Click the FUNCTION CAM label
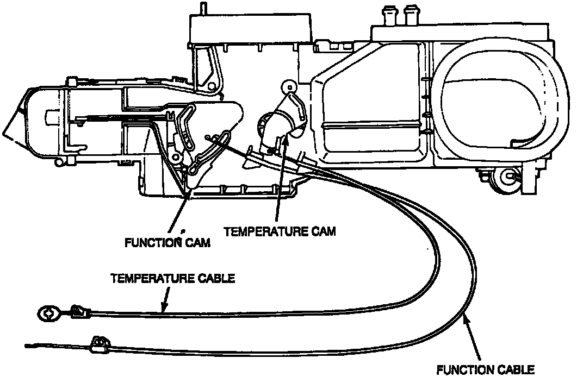pyautogui.click(x=167, y=242)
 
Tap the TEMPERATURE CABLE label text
pyautogui.click(x=172, y=279)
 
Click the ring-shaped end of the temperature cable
pyautogui.click(x=48, y=312)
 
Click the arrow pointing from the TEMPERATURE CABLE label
pyautogui.click(x=165, y=299)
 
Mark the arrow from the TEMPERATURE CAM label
pyautogui.click(x=278, y=179)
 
